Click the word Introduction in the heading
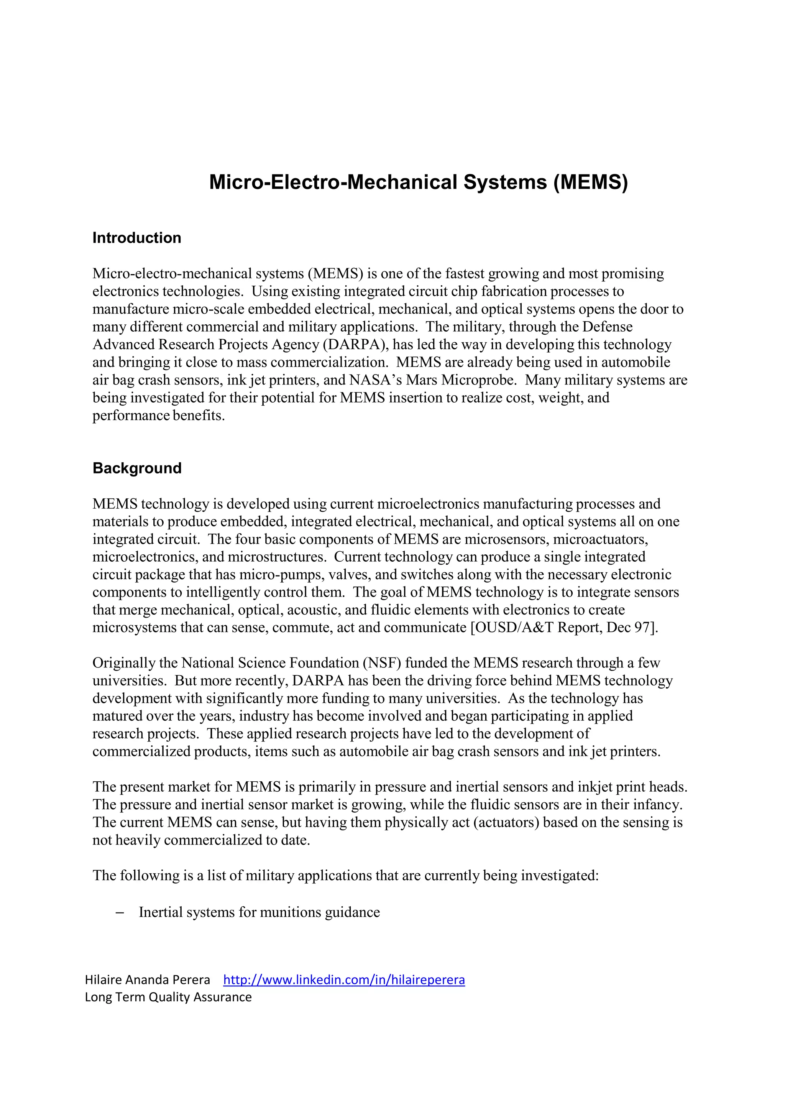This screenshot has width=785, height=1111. tap(137, 238)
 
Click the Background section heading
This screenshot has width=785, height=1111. tap(137, 468)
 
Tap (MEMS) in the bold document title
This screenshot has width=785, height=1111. tap(591, 182)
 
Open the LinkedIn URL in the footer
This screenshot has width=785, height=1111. tap(344, 980)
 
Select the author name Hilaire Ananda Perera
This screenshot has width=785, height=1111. tap(148, 980)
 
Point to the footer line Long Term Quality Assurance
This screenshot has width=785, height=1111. tap(168, 997)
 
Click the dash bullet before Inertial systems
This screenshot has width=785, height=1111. tap(120, 912)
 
